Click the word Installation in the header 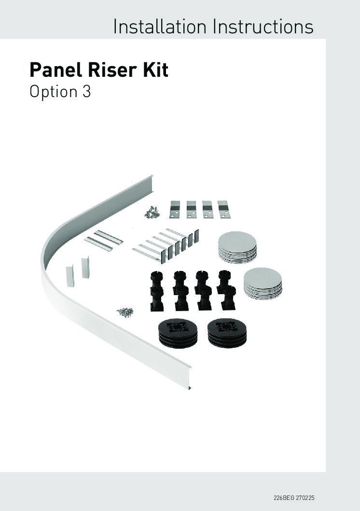160,27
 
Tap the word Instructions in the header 263,27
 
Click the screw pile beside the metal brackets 152,212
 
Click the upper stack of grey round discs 237,247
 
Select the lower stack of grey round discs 263,284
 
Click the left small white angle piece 70,276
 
